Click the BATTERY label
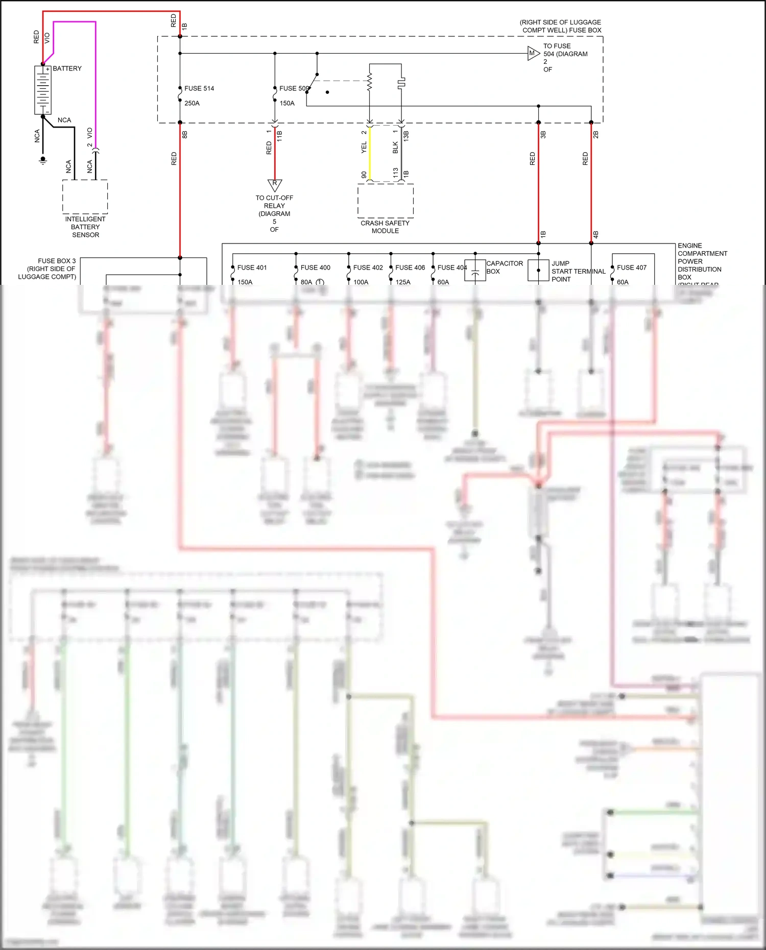67,68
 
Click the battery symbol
43,90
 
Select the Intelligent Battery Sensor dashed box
85,197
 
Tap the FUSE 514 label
199,88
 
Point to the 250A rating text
192,103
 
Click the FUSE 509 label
294,88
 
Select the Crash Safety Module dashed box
386,200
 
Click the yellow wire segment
370,153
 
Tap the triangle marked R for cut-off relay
275,184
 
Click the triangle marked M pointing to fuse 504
533,53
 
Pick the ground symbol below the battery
43,160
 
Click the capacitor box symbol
475,271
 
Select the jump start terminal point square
538,271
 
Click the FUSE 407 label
632,267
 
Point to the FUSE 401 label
252,267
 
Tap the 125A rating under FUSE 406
403,282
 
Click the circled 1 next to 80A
320,282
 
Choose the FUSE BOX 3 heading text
57,261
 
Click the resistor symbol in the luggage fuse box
370,82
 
